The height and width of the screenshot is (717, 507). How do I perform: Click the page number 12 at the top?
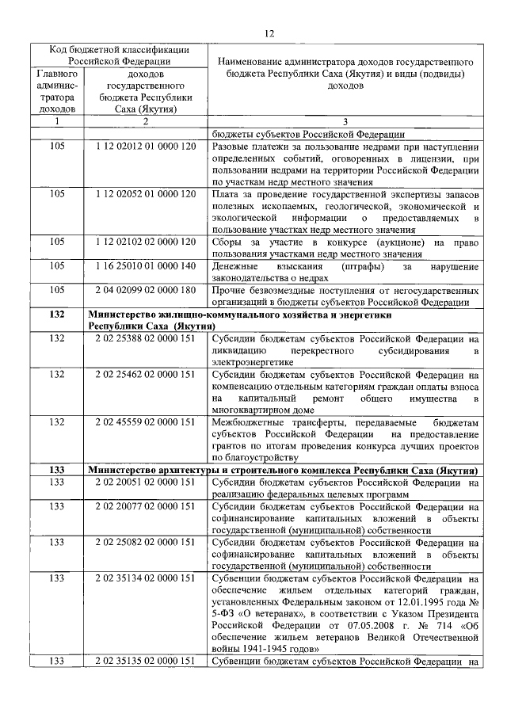tap(269, 32)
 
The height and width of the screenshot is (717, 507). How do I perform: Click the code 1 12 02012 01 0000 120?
tap(145, 147)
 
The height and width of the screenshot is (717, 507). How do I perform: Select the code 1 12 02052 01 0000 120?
tap(145, 193)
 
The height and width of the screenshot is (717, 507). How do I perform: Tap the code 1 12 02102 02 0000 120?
tap(145, 241)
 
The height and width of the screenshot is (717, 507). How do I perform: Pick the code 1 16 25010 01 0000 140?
tap(145, 265)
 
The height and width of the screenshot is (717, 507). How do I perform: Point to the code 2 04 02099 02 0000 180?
tap(145, 290)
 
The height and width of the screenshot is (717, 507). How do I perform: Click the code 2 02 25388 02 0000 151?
tap(145, 338)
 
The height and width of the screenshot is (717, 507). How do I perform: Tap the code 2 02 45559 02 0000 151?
tap(145, 421)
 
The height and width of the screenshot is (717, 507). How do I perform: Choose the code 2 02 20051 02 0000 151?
tap(145, 482)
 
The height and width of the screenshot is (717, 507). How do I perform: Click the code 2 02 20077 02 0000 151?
tap(145, 506)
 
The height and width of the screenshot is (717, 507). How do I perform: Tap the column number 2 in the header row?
tap(145, 121)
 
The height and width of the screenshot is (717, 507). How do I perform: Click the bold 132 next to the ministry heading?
tap(57, 315)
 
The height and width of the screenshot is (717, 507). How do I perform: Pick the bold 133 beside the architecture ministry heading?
tap(57, 470)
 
